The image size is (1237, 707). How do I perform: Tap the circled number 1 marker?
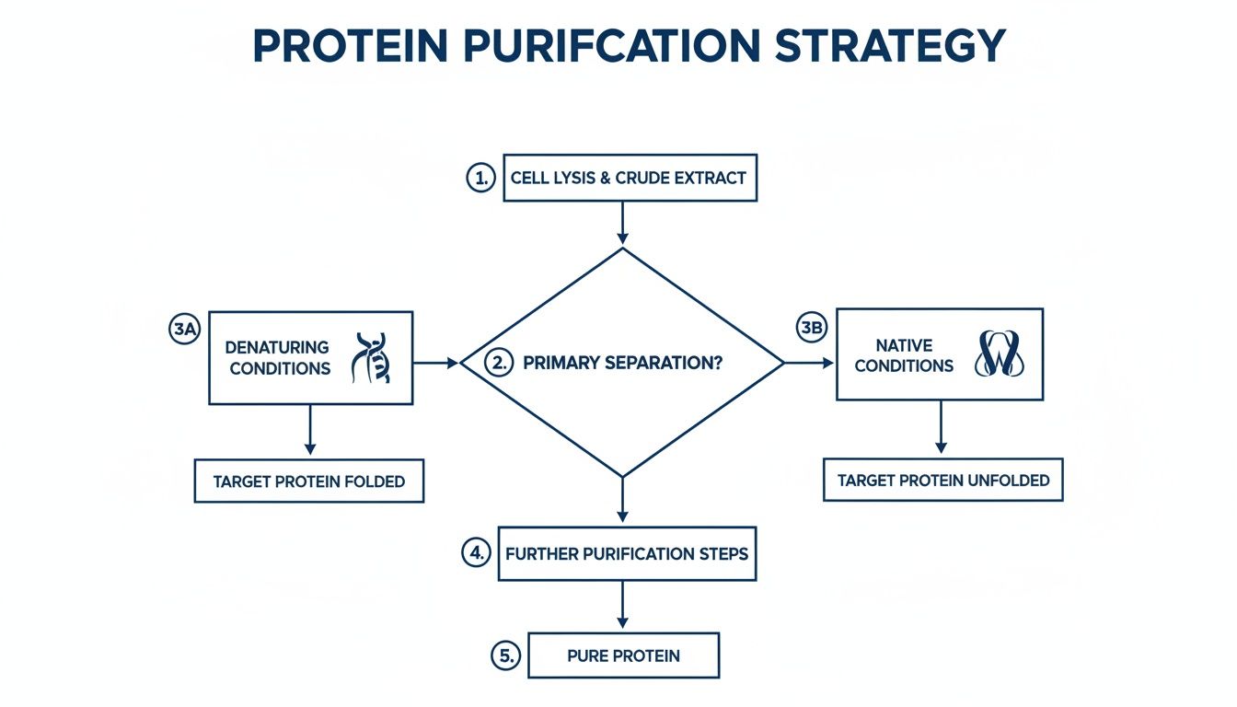coord(480,178)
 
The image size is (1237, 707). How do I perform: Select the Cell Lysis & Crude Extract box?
coord(630,178)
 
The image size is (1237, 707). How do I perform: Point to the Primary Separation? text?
coord(622,363)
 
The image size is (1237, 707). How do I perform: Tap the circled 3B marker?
coord(811,328)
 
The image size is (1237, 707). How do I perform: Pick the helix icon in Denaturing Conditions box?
coord(370,358)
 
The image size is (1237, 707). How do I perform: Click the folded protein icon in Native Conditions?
coord(999,354)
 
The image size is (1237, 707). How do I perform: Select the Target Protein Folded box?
coord(309,481)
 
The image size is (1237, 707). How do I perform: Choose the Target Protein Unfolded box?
coord(942,480)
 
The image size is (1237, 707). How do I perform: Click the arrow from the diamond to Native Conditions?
coord(807,363)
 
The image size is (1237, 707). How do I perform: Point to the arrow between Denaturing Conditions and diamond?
coord(435,363)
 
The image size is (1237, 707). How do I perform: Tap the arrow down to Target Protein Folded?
coord(310,430)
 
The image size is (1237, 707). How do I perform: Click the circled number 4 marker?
coord(474,553)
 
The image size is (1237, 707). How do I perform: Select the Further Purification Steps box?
coord(627,554)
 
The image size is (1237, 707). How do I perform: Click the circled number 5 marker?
coord(505,656)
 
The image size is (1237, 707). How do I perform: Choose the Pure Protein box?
coord(623,656)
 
